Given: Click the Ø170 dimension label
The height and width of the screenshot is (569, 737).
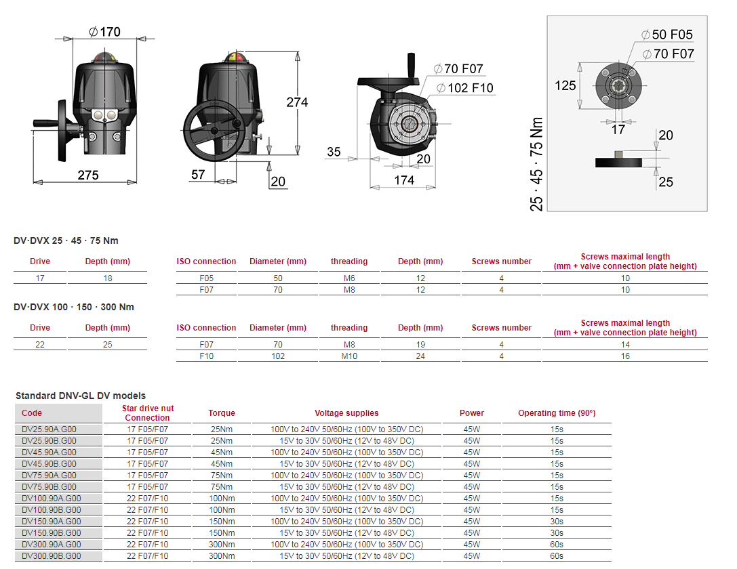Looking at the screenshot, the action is tap(105, 32).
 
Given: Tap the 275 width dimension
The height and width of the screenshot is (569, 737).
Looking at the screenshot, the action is tap(88, 175).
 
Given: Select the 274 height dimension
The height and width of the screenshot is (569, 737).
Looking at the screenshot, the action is tap(297, 102).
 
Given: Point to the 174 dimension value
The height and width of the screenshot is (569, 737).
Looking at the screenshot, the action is tap(404, 180).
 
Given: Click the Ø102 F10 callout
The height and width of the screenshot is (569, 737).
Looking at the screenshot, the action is tap(465, 88).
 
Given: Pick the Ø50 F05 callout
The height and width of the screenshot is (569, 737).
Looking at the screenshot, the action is tap(667, 35).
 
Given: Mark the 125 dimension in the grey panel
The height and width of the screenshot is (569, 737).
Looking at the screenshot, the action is tap(565, 85).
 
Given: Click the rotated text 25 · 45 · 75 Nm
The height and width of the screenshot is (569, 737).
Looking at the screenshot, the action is tap(536, 164).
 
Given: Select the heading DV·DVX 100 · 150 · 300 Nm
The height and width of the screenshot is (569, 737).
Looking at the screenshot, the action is tap(74, 307).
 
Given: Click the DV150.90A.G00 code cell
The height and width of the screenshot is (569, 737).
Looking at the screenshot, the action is tap(52, 521).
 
